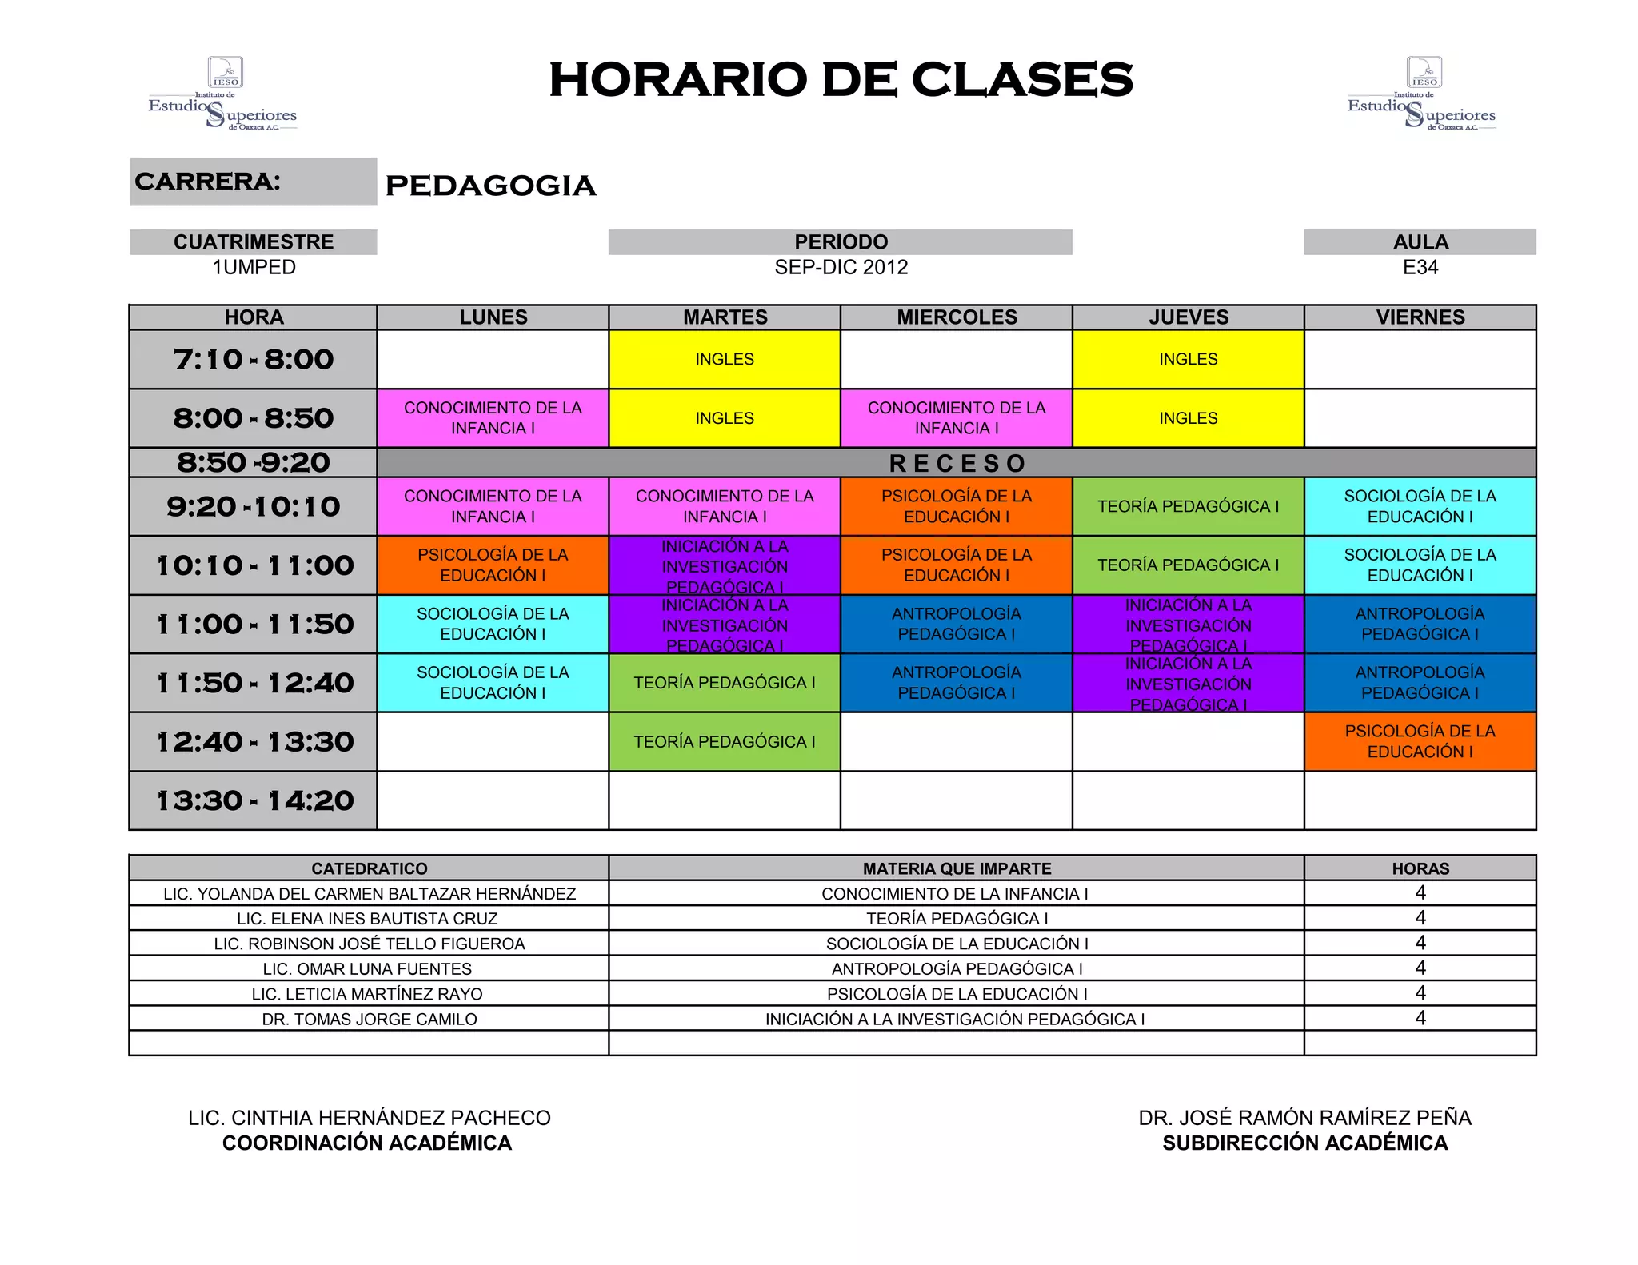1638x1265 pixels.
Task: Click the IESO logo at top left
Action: [x=223, y=94]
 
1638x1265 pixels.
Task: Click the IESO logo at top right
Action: [x=1422, y=94]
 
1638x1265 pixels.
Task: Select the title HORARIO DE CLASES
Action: [x=841, y=80]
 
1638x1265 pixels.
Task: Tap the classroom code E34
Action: [x=1420, y=267]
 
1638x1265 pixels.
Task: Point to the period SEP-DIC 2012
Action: [x=841, y=267]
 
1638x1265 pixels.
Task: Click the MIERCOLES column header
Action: [x=957, y=317]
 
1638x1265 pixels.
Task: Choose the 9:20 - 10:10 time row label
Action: [x=253, y=506]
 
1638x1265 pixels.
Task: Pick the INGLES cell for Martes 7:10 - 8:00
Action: [x=725, y=359]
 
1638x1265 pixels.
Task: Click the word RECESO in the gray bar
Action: [x=957, y=463]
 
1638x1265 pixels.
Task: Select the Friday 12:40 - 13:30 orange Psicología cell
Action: [x=1420, y=741]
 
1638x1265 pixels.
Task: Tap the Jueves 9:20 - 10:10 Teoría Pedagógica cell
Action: [x=1188, y=506]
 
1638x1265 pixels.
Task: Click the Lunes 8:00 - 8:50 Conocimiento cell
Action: [x=493, y=417]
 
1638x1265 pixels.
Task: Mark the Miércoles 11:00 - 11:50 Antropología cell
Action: [x=957, y=624]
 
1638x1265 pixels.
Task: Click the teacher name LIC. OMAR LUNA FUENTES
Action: [x=368, y=969]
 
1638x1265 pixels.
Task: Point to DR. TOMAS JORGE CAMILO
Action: [x=370, y=1020]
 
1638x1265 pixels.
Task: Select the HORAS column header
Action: [x=1420, y=868]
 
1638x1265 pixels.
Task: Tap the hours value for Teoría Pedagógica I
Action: [x=1420, y=918]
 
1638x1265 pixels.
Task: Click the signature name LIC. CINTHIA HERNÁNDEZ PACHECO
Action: [x=370, y=1118]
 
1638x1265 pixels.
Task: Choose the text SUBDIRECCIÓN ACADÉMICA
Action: [x=1304, y=1143]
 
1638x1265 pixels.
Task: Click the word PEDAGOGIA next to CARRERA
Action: [x=490, y=186]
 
